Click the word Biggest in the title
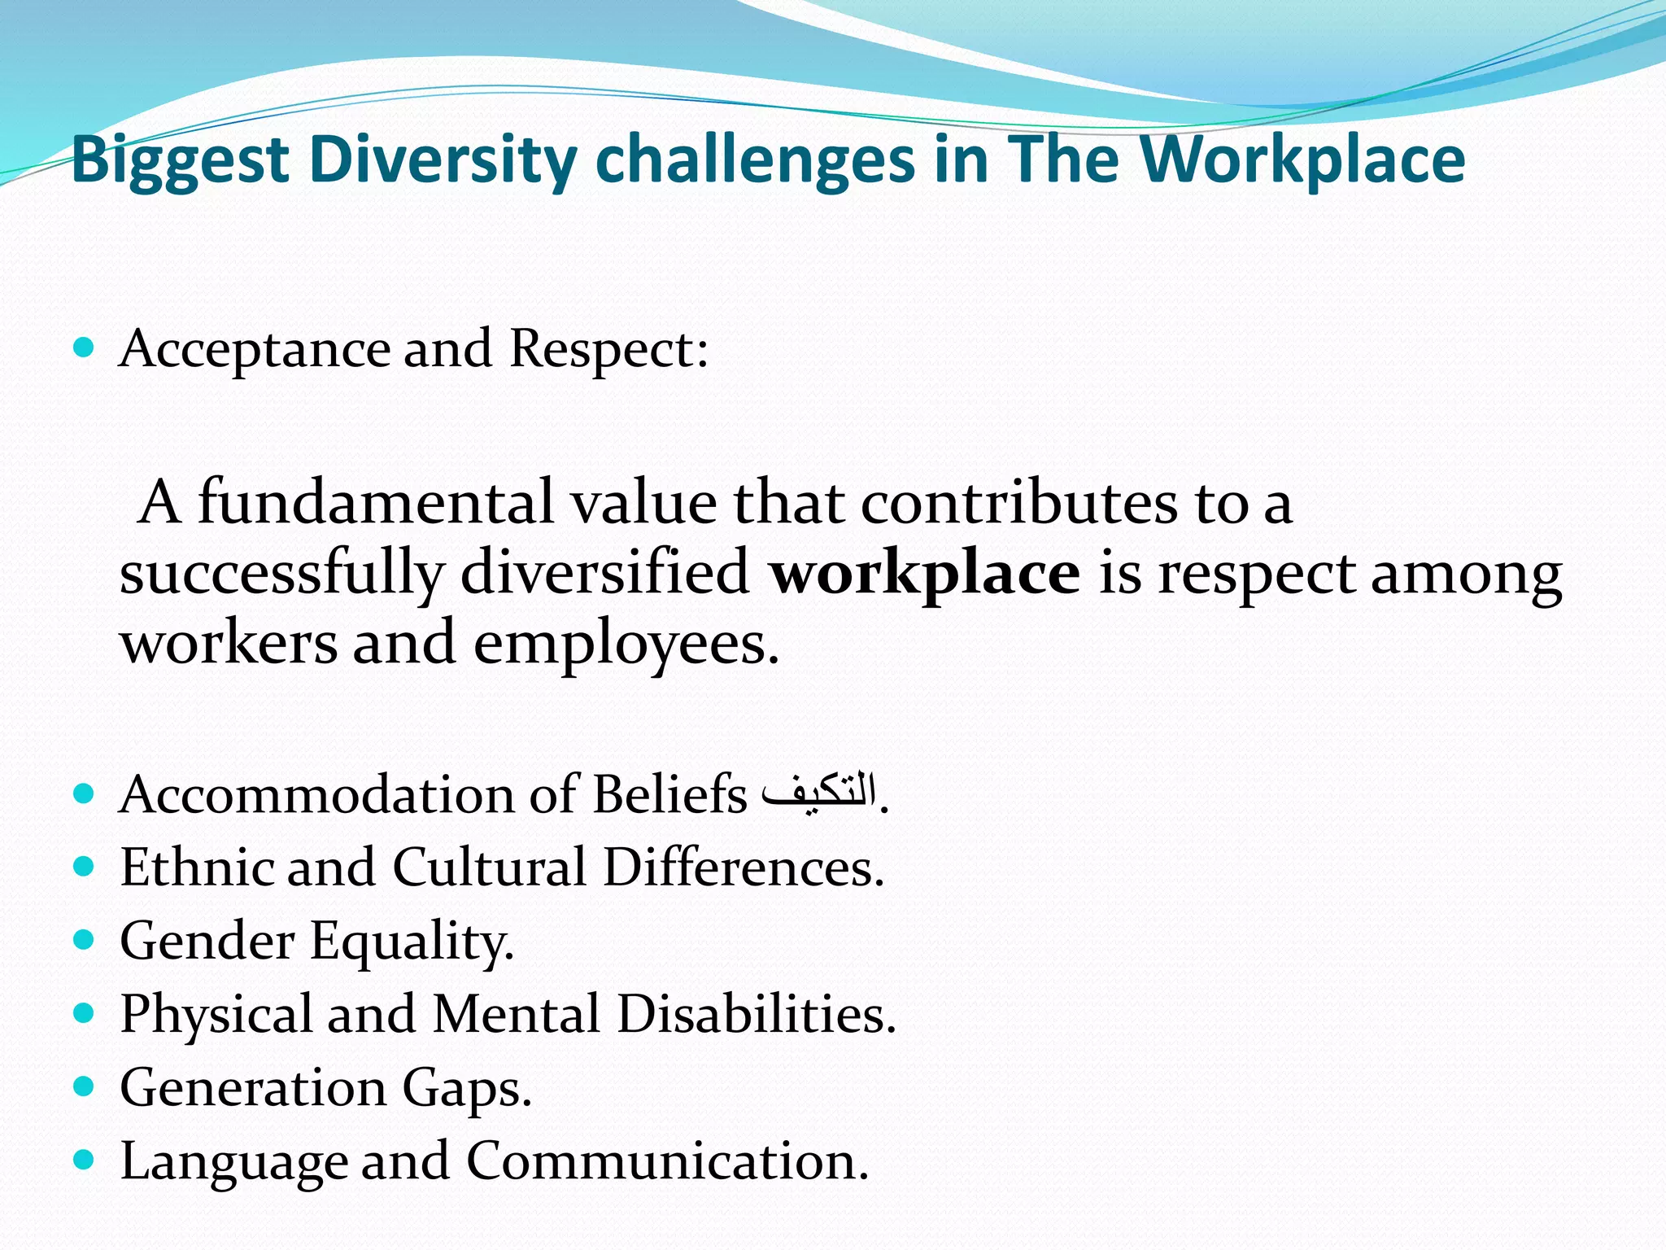(181, 160)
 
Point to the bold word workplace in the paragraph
(925, 573)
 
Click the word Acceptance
(255, 350)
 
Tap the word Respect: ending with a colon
(608, 350)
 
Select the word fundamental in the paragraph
(376, 502)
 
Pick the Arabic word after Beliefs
(820, 792)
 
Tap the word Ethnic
(195, 868)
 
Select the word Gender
(207, 942)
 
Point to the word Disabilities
(756, 1015)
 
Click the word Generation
(253, 1088)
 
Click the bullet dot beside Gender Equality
(84, 940)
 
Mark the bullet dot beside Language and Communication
(84, 1159)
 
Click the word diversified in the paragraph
(604, 573)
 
